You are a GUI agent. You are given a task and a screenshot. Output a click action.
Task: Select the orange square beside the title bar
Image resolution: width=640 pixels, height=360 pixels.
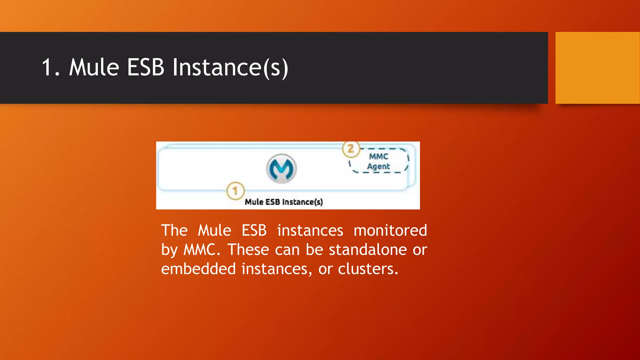pos(597,67)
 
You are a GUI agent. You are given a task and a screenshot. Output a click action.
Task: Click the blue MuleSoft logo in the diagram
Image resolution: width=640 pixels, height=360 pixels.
pos(282,169)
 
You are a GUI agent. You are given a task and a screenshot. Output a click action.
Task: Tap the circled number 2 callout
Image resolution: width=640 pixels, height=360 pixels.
pos(351,149)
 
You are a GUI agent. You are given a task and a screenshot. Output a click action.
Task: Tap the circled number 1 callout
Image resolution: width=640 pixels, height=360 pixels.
pos(235,190)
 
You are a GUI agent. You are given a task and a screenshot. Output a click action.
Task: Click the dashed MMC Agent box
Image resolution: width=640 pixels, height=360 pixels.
pos(379,161)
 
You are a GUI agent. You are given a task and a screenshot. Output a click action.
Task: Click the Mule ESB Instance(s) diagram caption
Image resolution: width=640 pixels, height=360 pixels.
pos(284,202)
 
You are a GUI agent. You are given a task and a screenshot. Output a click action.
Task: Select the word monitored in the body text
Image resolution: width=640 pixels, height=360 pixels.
pos(390,231)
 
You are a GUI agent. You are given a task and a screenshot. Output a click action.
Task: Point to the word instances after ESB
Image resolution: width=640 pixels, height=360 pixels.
pos(310,231)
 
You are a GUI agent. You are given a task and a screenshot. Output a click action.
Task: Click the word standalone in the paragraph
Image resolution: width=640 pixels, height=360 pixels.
pos(368,250)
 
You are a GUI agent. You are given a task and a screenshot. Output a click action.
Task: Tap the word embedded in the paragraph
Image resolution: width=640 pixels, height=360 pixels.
pos(198,269)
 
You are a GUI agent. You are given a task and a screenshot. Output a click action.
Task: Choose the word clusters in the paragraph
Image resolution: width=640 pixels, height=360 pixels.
pos(368,269)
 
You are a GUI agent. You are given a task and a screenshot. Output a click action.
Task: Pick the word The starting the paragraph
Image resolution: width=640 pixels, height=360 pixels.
pos(174,231)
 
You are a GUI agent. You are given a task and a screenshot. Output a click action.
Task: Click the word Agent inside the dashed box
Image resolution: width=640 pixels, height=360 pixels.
pos(378,167)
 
